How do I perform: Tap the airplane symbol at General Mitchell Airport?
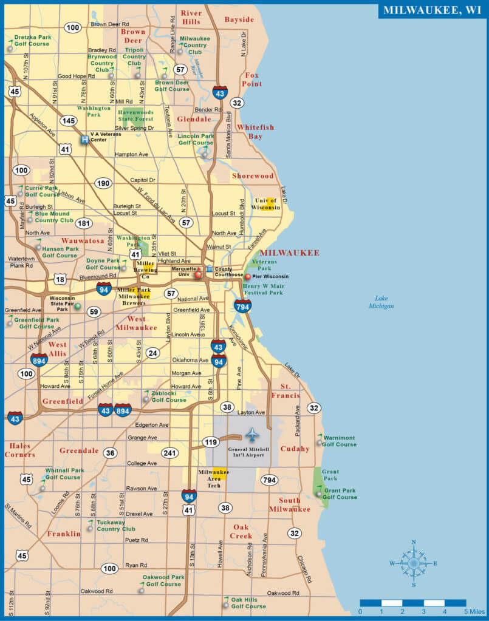(252, 435)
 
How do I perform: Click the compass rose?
(414, 563)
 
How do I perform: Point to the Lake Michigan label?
(381, 302)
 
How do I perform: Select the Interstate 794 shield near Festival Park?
(243, 306)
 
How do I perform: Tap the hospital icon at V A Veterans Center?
(84, 138)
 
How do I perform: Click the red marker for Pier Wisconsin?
(248, 277)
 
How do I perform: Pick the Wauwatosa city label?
(83, 241)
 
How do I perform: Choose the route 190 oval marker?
(103, 183)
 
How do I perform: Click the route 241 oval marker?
(169, 452)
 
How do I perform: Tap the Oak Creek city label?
(241, 531)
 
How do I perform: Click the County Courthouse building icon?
(210, 269)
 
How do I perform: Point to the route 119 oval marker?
(211, 442)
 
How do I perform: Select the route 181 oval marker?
(84, 223)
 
